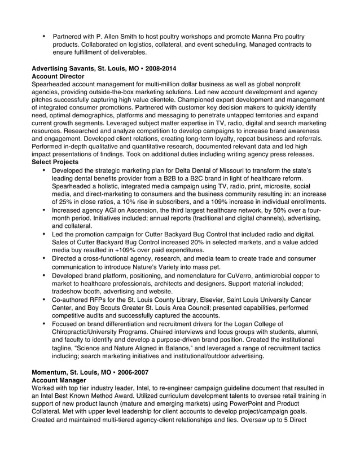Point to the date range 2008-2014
(161, 68)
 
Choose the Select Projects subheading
(55, 162)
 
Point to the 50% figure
(272, 210)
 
